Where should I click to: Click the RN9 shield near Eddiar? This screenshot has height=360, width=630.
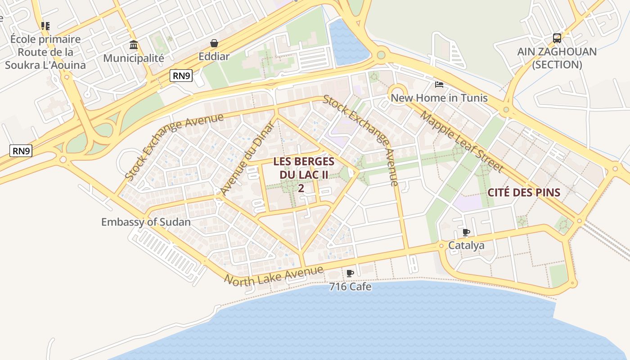tap(181, 76)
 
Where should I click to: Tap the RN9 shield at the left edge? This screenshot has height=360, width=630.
tap(21, 151)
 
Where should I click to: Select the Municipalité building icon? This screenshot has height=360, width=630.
tap(134, 45)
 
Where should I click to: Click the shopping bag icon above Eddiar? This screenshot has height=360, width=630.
tap(214, 43)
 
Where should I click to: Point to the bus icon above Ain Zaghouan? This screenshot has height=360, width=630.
tap(557, 38)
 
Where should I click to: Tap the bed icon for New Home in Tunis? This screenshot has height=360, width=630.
tap(439, 85)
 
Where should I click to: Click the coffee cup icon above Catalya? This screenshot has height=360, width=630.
tap(466, 233)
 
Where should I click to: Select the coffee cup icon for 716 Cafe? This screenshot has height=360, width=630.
tap(350, 273)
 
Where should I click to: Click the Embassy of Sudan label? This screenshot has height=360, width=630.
tap(145, 222)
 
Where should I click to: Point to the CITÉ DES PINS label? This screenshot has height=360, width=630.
tap(524, 193)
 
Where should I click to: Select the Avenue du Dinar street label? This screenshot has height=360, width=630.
tap(247, 158)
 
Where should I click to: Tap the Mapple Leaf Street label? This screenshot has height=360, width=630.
tap(461, 141)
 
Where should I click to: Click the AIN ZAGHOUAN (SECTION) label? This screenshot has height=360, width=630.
tap(557, 58)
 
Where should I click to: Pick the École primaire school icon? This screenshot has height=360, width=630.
tap(45, 26)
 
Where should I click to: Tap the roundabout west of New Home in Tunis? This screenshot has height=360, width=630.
tap(397, 93)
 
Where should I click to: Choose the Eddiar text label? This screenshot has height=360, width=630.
tap(214, 57)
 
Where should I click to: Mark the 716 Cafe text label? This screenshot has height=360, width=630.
tap(350, 287)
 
